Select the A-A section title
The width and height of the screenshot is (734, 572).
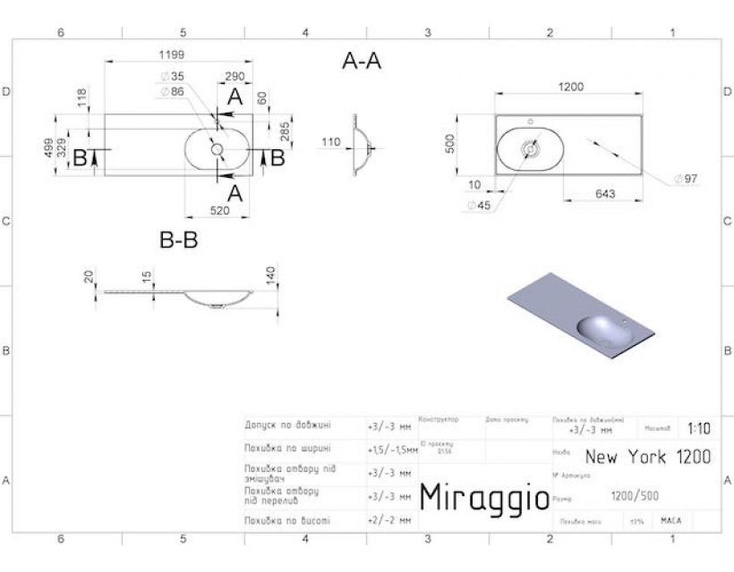(362, 62)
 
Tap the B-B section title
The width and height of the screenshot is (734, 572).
(178, 240)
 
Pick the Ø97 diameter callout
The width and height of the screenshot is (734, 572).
(686, 179)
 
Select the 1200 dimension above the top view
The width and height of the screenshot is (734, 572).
(570, 87)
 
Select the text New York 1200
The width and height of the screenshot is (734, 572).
(648, 457)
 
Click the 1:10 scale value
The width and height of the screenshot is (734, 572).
(699, 428)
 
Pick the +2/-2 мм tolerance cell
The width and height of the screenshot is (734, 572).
(388, 519)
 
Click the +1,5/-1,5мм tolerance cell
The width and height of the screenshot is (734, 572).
(392, 449)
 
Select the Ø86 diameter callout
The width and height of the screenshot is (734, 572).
(172, 91)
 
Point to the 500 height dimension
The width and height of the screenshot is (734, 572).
(453, 144)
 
